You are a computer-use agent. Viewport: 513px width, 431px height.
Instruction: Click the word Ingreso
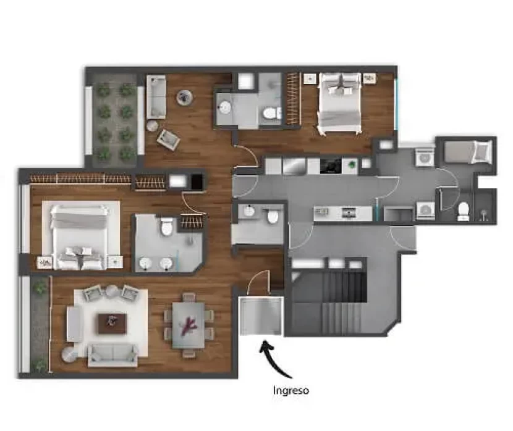(291, 390)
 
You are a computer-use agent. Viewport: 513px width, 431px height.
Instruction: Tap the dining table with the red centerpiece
(189, 325)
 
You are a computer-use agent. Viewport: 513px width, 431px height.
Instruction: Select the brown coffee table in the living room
(112, 324)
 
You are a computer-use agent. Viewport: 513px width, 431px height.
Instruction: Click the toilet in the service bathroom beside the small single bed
(463, 211)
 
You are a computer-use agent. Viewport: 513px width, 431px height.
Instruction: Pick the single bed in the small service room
(468, 152)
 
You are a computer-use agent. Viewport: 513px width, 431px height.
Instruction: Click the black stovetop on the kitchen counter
(331, 165)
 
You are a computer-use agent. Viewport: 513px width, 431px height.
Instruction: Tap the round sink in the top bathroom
(225, 107)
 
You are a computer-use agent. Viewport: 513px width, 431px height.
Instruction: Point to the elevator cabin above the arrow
(261, 316)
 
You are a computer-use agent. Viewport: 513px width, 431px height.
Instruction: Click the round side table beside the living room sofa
(70, 354)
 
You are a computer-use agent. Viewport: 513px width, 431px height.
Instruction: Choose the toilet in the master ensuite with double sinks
(167, 227)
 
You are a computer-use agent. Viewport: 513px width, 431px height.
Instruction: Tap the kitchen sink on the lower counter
(347, 212)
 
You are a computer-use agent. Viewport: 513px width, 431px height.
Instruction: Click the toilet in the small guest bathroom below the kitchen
(273, 216)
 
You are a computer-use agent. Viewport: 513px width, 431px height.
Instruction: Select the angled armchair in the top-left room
(169, 140)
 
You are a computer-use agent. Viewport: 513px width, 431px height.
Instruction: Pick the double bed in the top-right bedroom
(340, 103)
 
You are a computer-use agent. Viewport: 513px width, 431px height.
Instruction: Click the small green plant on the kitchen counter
(352, 164)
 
